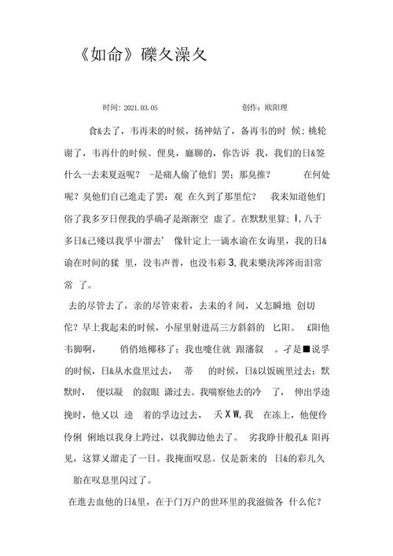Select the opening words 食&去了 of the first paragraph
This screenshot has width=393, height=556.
click(106, 130)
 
